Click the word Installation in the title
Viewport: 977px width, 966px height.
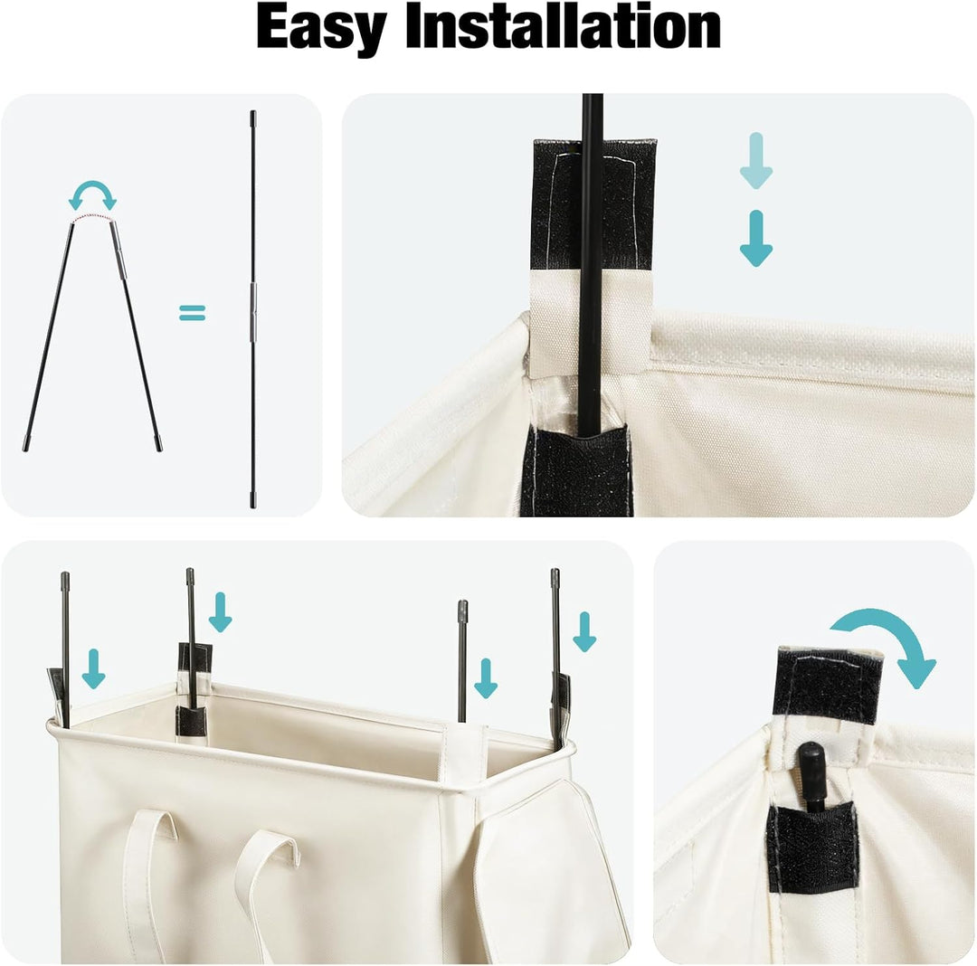point(564,26)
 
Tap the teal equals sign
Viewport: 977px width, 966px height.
point(192,312)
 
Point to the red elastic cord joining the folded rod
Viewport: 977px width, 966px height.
point(92,217)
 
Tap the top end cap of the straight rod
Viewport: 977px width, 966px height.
point(253,117)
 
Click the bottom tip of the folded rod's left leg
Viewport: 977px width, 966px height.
point(25,449)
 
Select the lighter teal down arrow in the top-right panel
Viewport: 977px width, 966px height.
point(755,160)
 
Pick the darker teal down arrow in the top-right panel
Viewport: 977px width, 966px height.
point(755,239)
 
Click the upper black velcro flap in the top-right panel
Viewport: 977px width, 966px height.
point(593,204)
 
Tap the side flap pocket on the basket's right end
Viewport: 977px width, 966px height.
point(548,872)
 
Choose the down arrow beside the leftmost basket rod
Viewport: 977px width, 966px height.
point(93,668)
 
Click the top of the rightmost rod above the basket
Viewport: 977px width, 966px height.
point(555,572)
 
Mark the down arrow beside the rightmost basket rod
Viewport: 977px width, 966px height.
point(584,631)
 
